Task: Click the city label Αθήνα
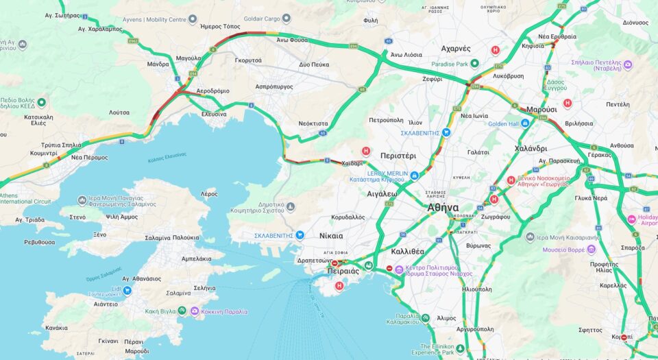(443, 208)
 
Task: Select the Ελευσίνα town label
(214, 114)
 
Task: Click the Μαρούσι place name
(541, 109)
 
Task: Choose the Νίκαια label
(331, 236)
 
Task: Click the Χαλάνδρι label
(531, 148)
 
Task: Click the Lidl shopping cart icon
(127, 290)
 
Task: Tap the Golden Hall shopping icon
(525, 123)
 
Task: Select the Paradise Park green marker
(474, 64)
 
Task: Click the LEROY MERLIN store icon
(415, 176)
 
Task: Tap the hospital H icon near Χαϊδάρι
(366, 152)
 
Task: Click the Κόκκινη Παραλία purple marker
(195, 311)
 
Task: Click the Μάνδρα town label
(158, 64)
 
